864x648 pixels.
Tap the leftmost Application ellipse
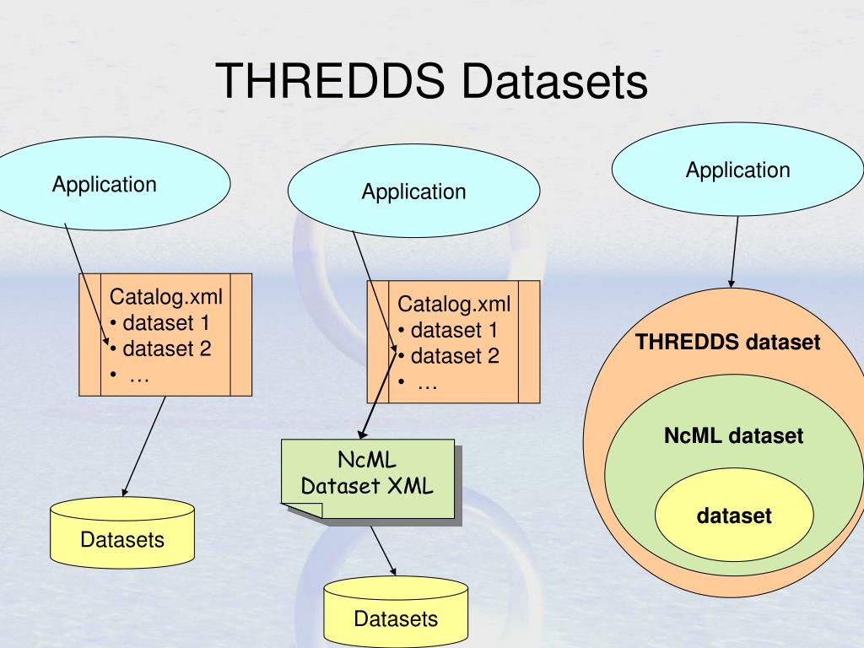tap(105, 185)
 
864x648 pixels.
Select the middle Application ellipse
tap(413, 192)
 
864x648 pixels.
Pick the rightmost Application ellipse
tap(737, 170)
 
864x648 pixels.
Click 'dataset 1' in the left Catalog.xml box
tap(160, 322)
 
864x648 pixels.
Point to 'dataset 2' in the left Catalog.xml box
tap(160, 348)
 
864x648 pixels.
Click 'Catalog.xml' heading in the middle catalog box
tap(454, 304)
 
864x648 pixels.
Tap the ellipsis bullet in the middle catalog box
tap(427, 383)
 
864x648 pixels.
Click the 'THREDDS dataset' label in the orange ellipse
tap(727, 343)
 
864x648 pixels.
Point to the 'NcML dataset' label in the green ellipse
tap(733, 437)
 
